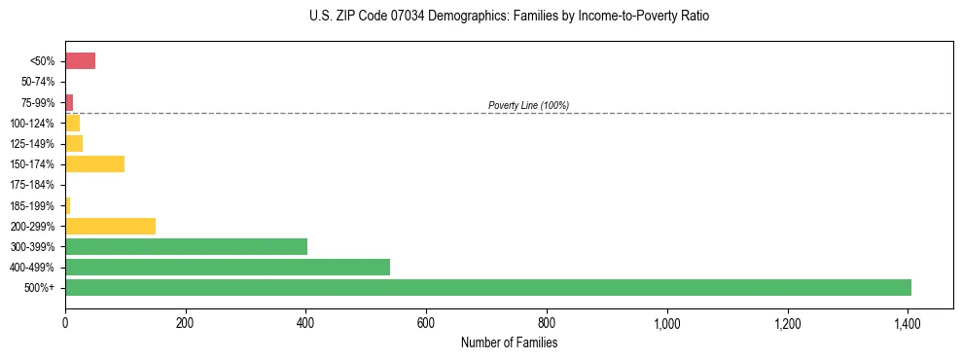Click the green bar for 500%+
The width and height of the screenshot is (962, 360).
pyautogui.click(x=487, y=287)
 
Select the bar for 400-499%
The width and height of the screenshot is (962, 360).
pyautogui.click(x=228, y=267)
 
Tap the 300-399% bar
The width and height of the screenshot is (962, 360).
pyautogui.click(x=186, y=246)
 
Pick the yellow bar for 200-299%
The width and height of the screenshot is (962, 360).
pyautogui.click(x=110, y=226)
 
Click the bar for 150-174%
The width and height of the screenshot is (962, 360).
pyautogui.click(x=94, y=163)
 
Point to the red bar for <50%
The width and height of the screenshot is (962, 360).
pyautogui.click(x=80, y=61)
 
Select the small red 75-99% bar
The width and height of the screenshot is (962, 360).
pyautogui.click(x=69, y=102)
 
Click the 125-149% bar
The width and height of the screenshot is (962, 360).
pyautogui.click(x=74, y=143)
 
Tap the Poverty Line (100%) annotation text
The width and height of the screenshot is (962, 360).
pyautogui.click(x=528, y=105)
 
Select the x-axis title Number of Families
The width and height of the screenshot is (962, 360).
pyautogui.click(x=509, y=342)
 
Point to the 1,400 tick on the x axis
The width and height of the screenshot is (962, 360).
pyautogui.click(x=908, y=323)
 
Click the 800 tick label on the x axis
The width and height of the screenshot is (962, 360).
pyautogui.click(x=547, y=323)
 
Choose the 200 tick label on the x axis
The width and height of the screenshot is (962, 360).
pyautogui.click(x=186, y=323)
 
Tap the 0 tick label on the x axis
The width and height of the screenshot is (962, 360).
pyautogui.click(x=65, y=323)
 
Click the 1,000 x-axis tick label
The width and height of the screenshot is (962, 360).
pyautogui.click(x=666, y=323)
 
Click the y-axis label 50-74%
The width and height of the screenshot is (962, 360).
pyautogui.click(x=38, y=82)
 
